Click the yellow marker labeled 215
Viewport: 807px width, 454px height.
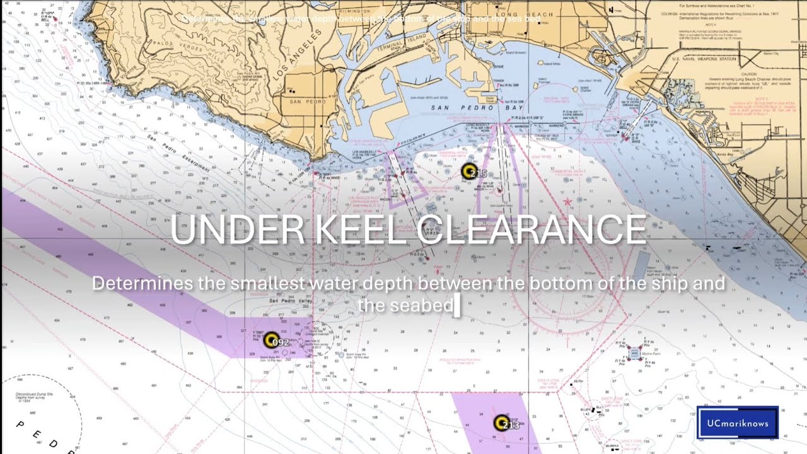pos(468,171)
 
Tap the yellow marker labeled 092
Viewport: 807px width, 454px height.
pos(271,340)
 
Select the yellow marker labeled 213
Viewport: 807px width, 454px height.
pos(501,422)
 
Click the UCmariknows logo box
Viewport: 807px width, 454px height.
pos(738,422)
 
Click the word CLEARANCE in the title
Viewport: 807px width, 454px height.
pos(531,230)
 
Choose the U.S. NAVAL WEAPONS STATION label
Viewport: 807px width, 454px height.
pos(704,59)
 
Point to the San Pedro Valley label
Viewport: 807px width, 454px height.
pos(291,301)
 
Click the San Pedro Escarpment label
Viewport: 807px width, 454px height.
pos(178,154)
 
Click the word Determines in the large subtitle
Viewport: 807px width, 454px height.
pos(142,283)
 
